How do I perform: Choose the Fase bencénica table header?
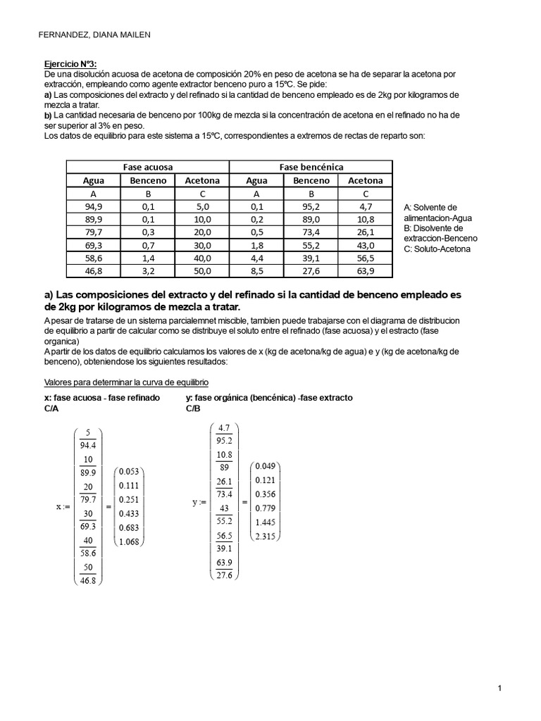(x=311, y=167)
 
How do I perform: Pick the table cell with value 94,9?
(x=93, y=206)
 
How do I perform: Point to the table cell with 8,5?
(x=256, y=270)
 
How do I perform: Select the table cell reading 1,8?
(x=256, y=245)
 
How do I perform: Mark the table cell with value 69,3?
(x=93, y=245)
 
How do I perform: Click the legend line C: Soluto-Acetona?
(x=437, y=249)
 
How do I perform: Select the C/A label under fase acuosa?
(x=51, y=408)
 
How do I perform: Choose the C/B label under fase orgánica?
(x=193, y=408)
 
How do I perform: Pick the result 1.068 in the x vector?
(x=129, y=541)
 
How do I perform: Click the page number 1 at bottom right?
(x=499, y=689)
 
